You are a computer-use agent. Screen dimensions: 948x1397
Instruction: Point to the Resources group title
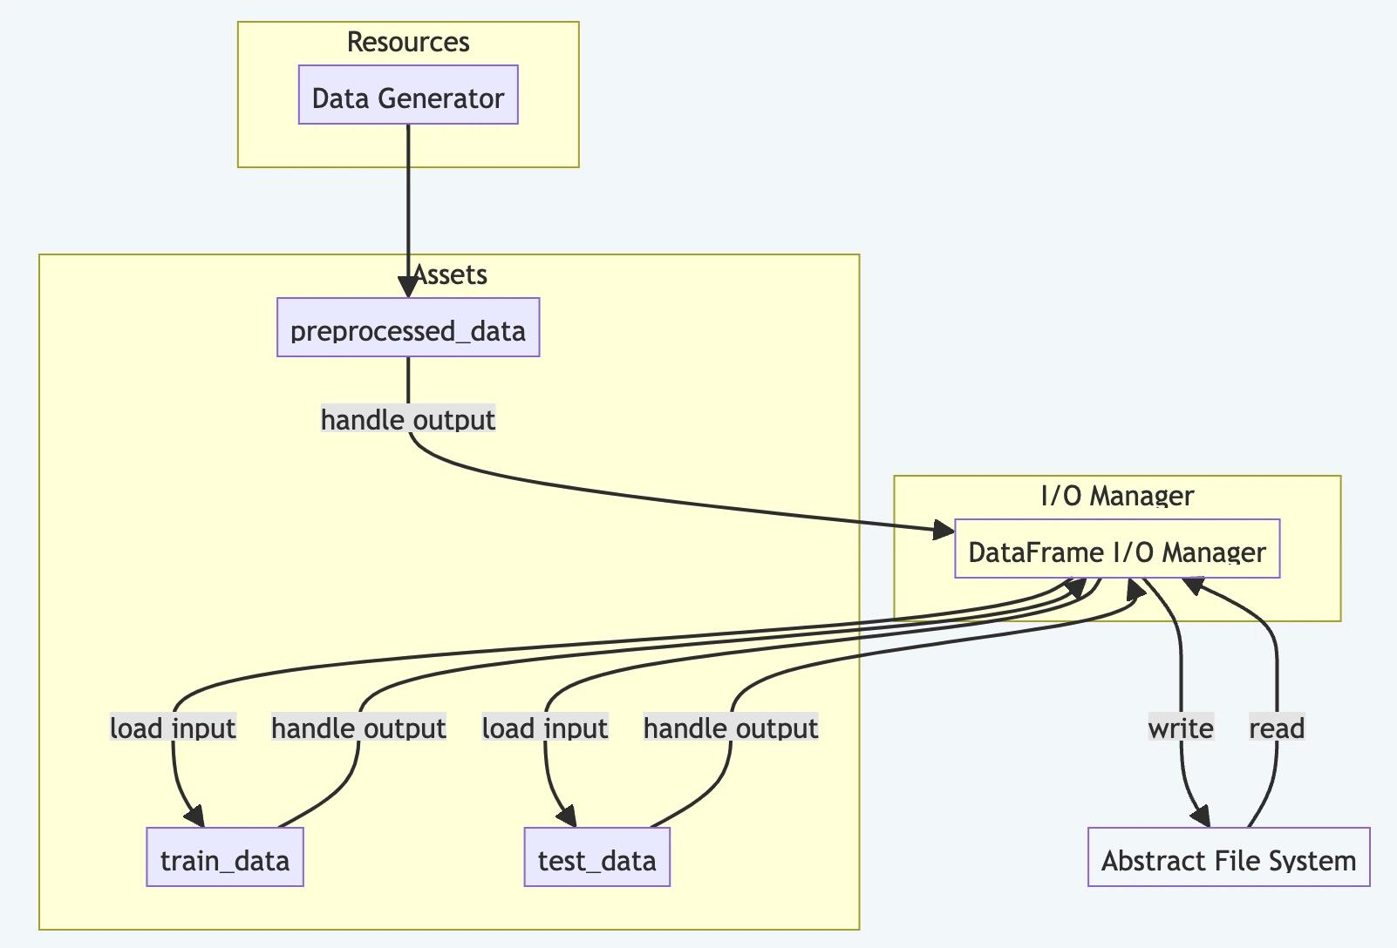tap(408, 42)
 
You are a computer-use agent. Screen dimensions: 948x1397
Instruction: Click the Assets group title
tap(450, 274)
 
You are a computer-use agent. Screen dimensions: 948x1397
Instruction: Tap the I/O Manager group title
tap(1117, 496)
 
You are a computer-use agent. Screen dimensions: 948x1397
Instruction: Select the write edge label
tap(1181, 728)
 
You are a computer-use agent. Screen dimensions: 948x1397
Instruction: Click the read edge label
tap(1277, 728)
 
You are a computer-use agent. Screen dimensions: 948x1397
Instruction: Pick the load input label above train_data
tap(173, 728)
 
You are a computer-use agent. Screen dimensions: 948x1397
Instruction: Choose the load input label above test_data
tap(545, 728)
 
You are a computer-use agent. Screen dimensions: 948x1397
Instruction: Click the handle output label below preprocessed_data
tap(408, 420)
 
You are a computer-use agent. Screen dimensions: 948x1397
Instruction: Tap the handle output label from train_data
tap(358, 728)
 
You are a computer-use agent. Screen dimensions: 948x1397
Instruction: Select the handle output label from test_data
tap(731, 728)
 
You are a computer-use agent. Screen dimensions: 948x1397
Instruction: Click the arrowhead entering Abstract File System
tap(1202, 816)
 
